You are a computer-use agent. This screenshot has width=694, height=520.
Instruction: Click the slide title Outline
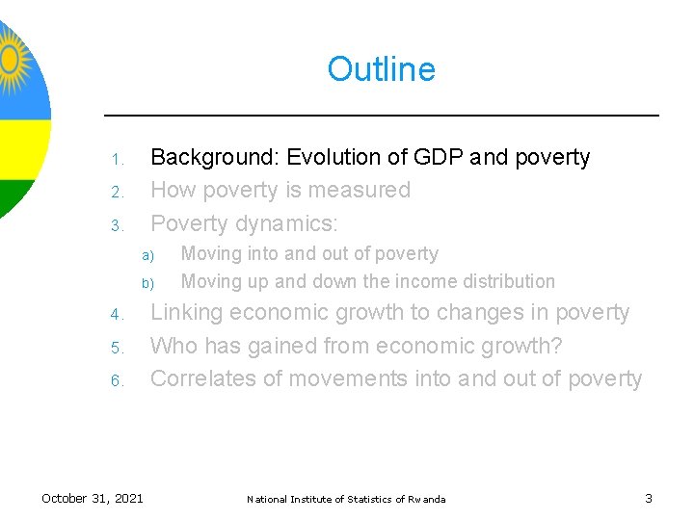point(381,69)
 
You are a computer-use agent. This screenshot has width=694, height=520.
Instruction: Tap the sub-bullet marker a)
point(147,256)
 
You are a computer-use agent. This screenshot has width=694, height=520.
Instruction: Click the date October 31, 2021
point(93,498)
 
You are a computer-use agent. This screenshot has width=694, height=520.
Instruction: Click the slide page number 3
point(648,498)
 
